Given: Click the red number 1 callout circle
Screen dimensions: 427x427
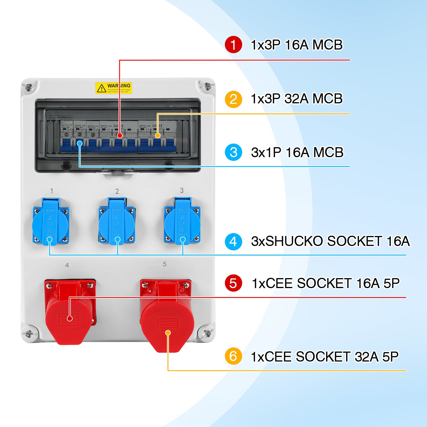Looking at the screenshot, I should click(x=233, y=45).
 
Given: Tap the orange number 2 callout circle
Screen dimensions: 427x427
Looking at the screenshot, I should click(x=233, y=99).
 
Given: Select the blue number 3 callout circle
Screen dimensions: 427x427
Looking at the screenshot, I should click(x=233, y=152).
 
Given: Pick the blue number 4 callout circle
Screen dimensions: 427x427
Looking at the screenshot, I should click(x=233, y=241).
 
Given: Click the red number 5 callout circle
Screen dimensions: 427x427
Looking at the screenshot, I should click(x=233, y=283).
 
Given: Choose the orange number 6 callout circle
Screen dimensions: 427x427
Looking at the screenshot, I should click(x=233, y=356).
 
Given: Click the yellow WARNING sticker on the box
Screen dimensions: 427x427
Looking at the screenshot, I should click(x=114, y=88).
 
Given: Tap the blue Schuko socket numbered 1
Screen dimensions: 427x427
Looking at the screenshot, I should click(x=51, y=221).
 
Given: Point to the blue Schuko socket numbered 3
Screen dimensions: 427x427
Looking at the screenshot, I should click(x=182, y=221).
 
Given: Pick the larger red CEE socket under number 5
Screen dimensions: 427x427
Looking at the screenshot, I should click(x=167, y=316).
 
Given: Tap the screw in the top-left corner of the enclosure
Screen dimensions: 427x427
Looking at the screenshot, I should click(x=28, y=87).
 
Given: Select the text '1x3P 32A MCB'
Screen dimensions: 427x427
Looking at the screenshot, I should click(x=297, y=99).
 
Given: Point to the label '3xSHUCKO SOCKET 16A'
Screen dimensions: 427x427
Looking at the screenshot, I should click(x=330, y=241).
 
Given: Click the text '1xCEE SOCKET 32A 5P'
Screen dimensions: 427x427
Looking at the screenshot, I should click(x=325, y=356).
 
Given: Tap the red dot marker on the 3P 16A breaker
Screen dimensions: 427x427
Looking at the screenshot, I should click(x=120, y=136).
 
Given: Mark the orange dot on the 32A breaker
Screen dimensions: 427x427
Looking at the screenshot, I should click(x=157, y=136).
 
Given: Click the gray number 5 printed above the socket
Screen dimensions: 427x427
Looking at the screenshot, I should click(x=165, y=264).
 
